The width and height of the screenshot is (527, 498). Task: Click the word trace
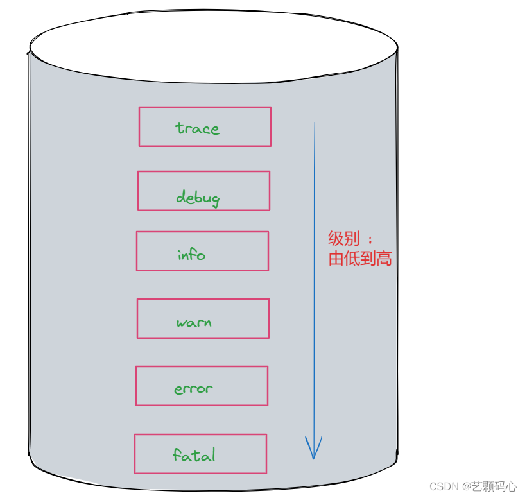click(197, 128)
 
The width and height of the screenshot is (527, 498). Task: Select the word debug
click(198, 198)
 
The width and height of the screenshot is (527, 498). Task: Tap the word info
click(191, 255)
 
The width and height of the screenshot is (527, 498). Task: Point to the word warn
click(194, 322)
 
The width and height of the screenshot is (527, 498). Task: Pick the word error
click(193, 388)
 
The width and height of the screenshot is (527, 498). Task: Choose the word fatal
click(194, 455)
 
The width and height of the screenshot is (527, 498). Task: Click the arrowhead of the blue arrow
click(313, 449)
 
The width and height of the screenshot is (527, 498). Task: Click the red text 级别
click(343, 239)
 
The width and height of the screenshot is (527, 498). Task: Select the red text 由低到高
click(359, 259)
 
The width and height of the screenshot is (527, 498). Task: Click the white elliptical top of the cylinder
click(214, 48)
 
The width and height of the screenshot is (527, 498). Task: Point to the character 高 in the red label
click(384, 259)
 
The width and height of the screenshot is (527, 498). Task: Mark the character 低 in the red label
click(352, 259)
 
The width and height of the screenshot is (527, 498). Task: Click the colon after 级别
click(369, 239)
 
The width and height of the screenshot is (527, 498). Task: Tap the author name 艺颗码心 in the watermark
click(494, 486)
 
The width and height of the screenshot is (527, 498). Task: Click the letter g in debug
click(214, 200)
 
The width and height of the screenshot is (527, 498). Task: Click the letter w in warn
click(182, 323)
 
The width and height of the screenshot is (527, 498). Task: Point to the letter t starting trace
click(178, 128)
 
